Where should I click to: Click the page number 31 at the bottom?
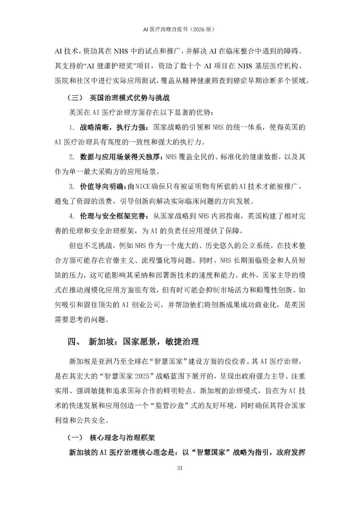tap(180, 468)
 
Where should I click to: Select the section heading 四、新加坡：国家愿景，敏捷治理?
tap(133, 342)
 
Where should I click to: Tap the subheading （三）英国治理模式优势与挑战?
tap(118, 98)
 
